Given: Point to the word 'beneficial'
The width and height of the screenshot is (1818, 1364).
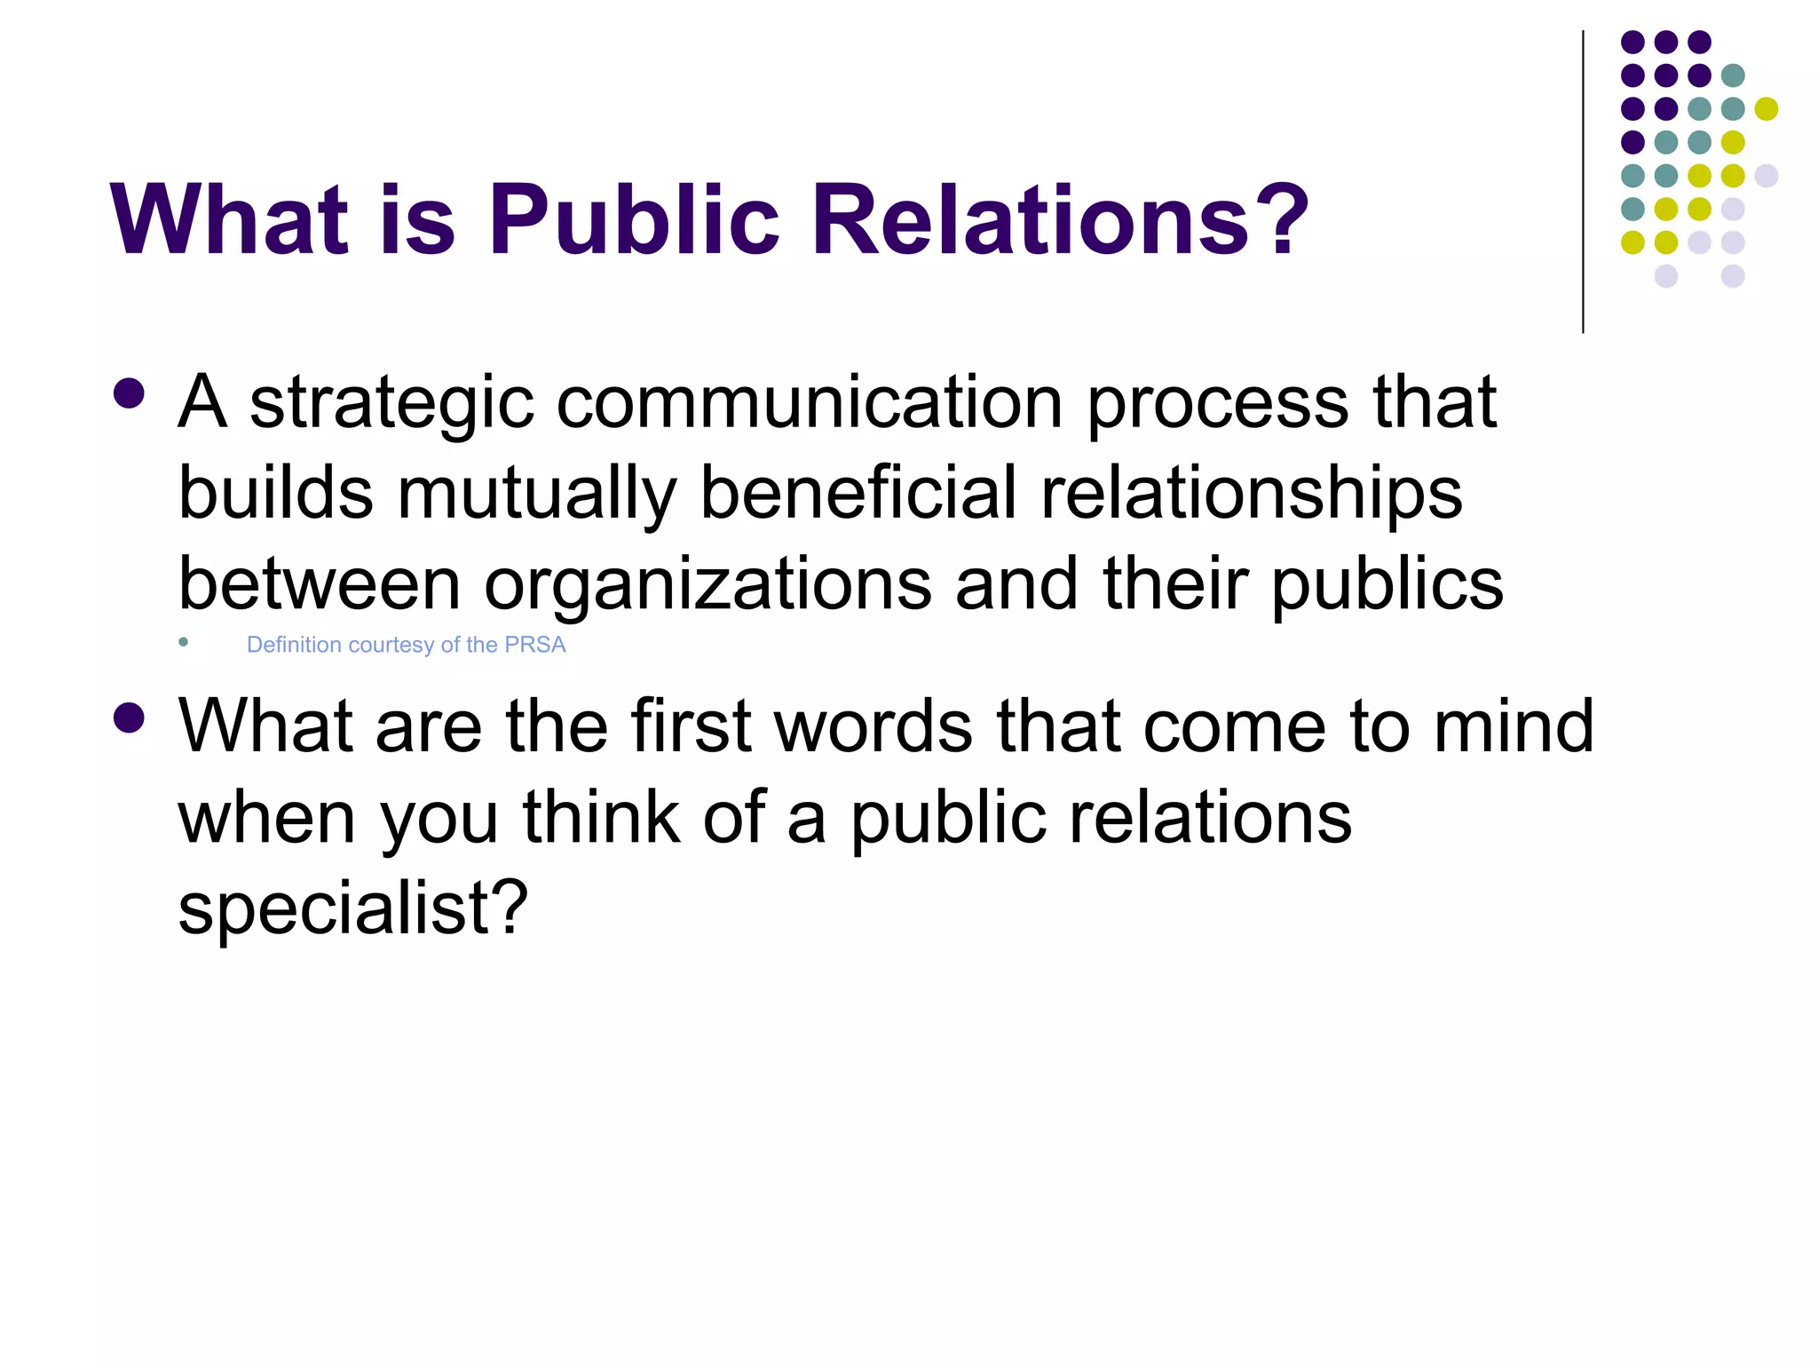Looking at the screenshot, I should pos(858,493).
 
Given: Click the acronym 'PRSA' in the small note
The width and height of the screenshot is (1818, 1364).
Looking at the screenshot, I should pos(534,645).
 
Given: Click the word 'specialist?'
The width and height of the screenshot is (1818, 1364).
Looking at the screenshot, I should pos(353,908).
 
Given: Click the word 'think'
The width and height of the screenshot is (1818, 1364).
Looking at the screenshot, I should pos(601,818).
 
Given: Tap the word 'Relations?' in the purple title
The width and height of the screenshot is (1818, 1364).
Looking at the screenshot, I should pos(1060,218).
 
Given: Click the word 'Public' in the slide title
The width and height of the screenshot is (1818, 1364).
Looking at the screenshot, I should pos(634,218).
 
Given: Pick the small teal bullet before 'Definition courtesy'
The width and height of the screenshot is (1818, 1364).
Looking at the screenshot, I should pos(184,642).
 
